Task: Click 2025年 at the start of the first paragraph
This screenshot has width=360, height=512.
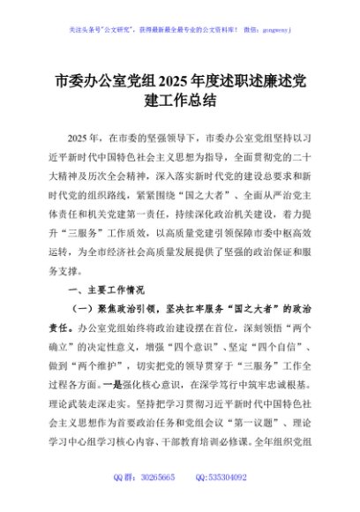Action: (x=83, y=139)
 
